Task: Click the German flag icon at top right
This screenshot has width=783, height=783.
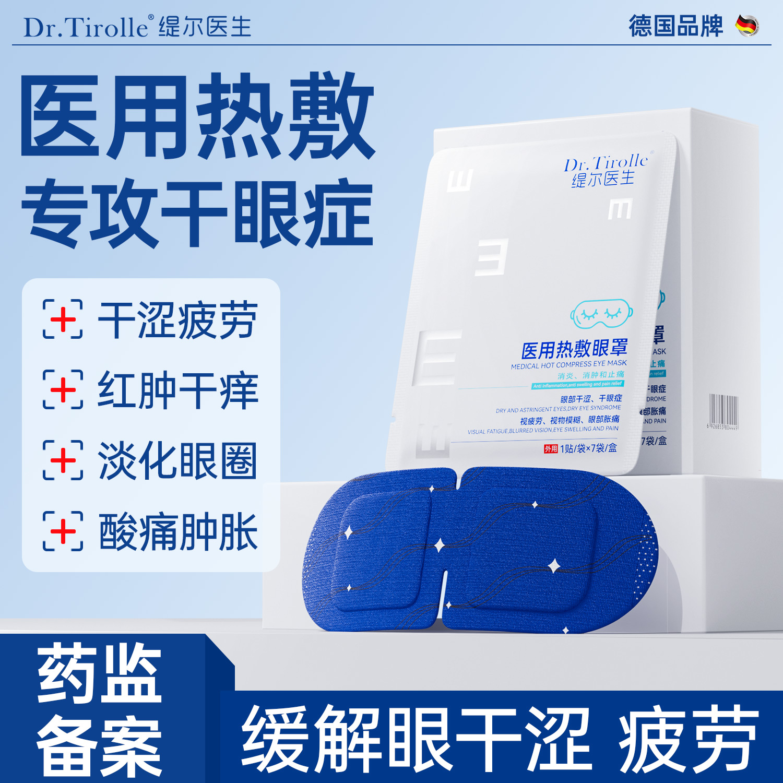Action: click(x=747, y=26)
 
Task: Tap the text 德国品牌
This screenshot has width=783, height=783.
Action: click(x=675, y=26)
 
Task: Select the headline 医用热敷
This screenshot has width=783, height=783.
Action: click(x=197, y=117)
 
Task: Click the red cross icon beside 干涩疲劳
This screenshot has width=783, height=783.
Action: click(x=63, y=319)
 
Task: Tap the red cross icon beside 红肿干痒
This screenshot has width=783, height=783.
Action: click(x=63, y=389)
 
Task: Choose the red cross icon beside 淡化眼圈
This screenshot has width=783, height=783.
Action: click(x=63, y=460)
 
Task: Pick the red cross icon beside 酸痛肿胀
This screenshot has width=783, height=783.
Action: click(x=63, y=531)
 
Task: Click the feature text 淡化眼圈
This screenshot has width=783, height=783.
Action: click(x=177, y=460)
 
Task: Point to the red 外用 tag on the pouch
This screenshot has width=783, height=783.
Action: click(x=551, y=448)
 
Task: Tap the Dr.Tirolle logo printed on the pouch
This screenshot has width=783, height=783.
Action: click(x=606, y=171)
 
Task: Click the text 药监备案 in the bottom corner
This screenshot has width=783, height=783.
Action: click(x=99, y=710)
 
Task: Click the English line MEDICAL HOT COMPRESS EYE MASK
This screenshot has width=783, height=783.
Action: click(x=568, y=364)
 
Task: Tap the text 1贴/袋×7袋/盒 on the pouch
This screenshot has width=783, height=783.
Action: click(x=588, y=448)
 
